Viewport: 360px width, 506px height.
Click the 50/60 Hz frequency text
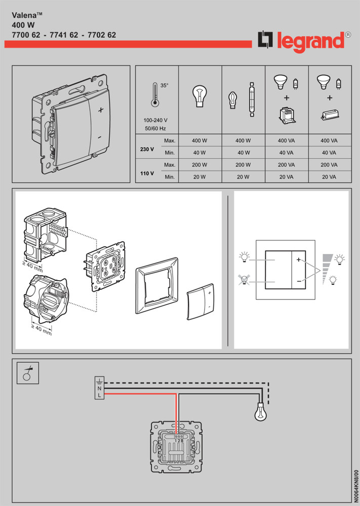[x=156, y=130]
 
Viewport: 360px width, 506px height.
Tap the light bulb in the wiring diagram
[x=259, y=414]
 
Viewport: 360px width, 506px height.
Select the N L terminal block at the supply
[x=100, y=388]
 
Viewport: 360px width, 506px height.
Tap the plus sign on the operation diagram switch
[x=299, y=260]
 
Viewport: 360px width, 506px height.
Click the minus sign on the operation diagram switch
[x=299, y=280]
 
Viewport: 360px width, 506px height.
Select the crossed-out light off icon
[x=245, y=280]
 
